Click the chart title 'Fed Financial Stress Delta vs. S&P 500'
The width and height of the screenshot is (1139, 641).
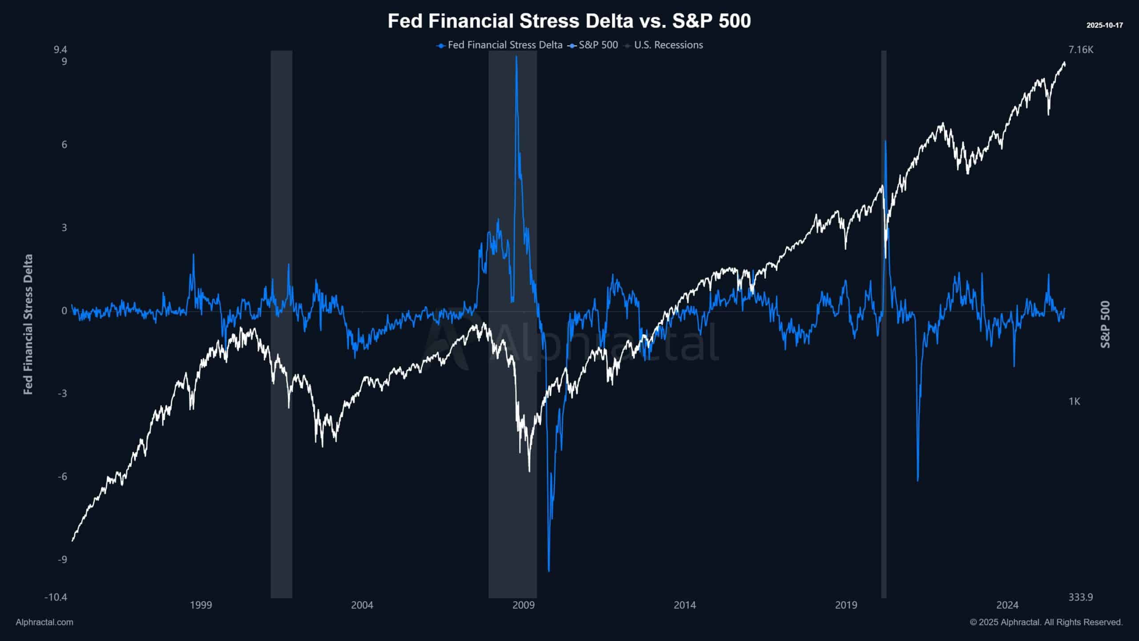coord(569,21)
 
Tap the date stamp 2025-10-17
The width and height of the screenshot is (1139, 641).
coord(1104,25)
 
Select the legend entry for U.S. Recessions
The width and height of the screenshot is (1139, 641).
coord(668,45)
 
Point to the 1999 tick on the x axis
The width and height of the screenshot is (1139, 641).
coord(201,605)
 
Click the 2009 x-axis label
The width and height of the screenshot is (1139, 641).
coord(523,605)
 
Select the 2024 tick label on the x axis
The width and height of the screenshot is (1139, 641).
coord(1007,605)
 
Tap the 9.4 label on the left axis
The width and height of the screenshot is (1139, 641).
coord(60,49)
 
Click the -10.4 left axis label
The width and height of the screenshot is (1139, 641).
coord(56,597)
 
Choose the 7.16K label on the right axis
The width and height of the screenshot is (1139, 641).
coord(1081,50)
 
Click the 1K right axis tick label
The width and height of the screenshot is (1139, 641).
coord(1074,402)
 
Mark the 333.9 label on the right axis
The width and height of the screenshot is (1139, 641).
coord(1081,597)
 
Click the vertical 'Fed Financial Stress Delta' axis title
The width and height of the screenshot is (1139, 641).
coord(28,324)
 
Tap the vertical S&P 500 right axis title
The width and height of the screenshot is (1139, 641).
coord(1105,324)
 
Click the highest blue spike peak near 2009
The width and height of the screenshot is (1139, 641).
coord(516,57)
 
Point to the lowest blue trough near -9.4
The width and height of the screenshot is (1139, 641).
coord(549,571)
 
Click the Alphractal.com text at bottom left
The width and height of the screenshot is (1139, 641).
coord(44,622)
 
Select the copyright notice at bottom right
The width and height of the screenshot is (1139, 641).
coord(1046,622)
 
